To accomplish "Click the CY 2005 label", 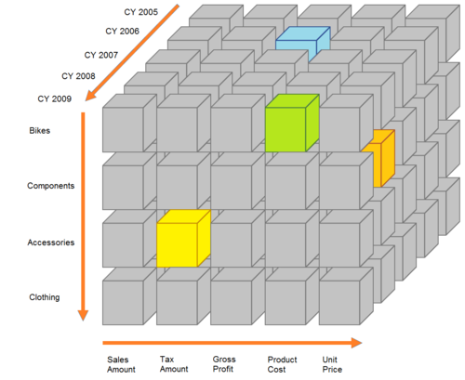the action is [141, 12].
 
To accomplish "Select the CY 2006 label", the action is [123, 32].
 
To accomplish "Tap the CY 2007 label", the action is [101, 55].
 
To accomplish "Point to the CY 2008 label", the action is [78, 76].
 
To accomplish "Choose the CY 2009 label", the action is [55, 99].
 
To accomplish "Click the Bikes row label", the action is [40, 131].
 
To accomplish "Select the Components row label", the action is [51, 186].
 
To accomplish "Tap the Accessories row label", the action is [51, 242].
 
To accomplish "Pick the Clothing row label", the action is [45, 297].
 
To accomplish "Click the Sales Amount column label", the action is [121, 364].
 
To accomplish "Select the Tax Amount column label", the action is [174, 364].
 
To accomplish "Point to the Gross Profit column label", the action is [224, 364].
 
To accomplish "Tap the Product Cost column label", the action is [282, 364].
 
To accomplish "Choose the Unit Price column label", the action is [332, 364].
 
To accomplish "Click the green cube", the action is [292, 124].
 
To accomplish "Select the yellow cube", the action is [183, 239].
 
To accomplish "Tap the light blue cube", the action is [302, 40].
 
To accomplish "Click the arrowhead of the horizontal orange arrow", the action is [356, 343].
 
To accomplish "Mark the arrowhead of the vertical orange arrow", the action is [83, 315].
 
